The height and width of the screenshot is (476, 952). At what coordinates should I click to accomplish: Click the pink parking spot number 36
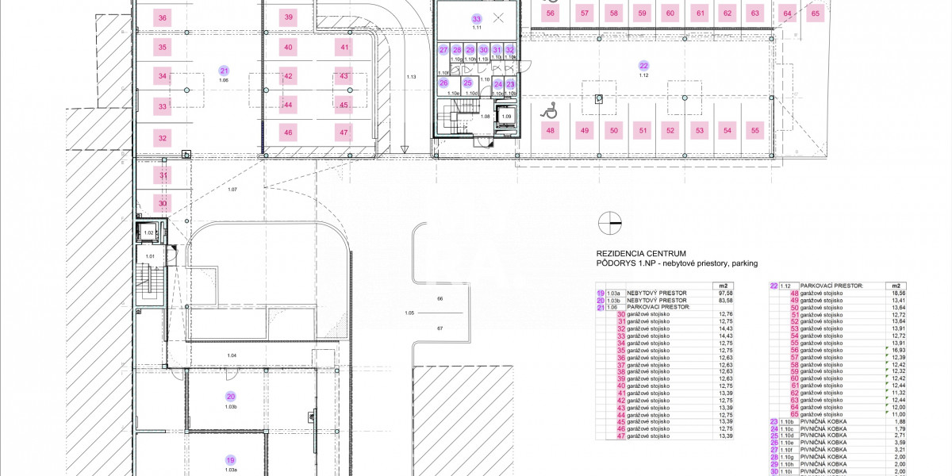coord(163,17)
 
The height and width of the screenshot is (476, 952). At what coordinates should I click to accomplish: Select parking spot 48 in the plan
coord(551,130)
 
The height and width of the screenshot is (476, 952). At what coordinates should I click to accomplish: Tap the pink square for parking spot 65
coord(816,13)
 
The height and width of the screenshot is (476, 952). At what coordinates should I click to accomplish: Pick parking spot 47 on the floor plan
coord(344,132)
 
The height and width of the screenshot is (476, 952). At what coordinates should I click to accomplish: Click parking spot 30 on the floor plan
coord(163,203)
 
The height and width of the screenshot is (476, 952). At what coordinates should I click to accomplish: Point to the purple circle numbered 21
coord(224,71)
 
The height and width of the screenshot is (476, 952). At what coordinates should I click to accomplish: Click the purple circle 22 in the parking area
coord(643,66)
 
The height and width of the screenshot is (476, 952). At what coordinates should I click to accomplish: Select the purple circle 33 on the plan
coord(477,18)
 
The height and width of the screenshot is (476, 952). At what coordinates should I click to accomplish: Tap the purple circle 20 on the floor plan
coord(231,397)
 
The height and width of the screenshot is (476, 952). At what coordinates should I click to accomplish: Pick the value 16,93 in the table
coord(897,350)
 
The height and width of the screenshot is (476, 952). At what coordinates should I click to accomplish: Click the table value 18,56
coord(897,293)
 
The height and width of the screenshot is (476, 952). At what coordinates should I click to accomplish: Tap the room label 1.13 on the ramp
coord(411,77)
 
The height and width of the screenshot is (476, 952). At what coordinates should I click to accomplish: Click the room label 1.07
coord(232,189)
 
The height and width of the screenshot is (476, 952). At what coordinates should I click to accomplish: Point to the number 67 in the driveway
coord(439,327)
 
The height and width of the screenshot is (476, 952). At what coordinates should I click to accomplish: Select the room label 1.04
coord(232,355)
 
